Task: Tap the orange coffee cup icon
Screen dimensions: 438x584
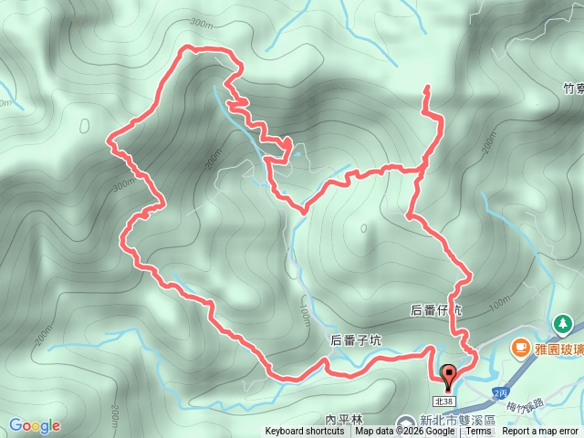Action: click(x=520, y=347)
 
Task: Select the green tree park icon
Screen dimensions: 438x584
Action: click(x=563, y=323)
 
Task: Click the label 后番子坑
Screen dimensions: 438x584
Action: click(x=356, y=340)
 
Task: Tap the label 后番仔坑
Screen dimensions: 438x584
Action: click(x=436, y=310)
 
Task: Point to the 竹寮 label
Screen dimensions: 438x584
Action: click(x=572, y=89)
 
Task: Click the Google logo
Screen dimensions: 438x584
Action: click(x=35, y=425)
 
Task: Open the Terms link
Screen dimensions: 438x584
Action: click(x=478, y=432)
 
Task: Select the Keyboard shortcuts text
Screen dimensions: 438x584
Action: click(x=305, y=432)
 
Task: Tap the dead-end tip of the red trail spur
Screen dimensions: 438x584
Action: click(x=426, y=87)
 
